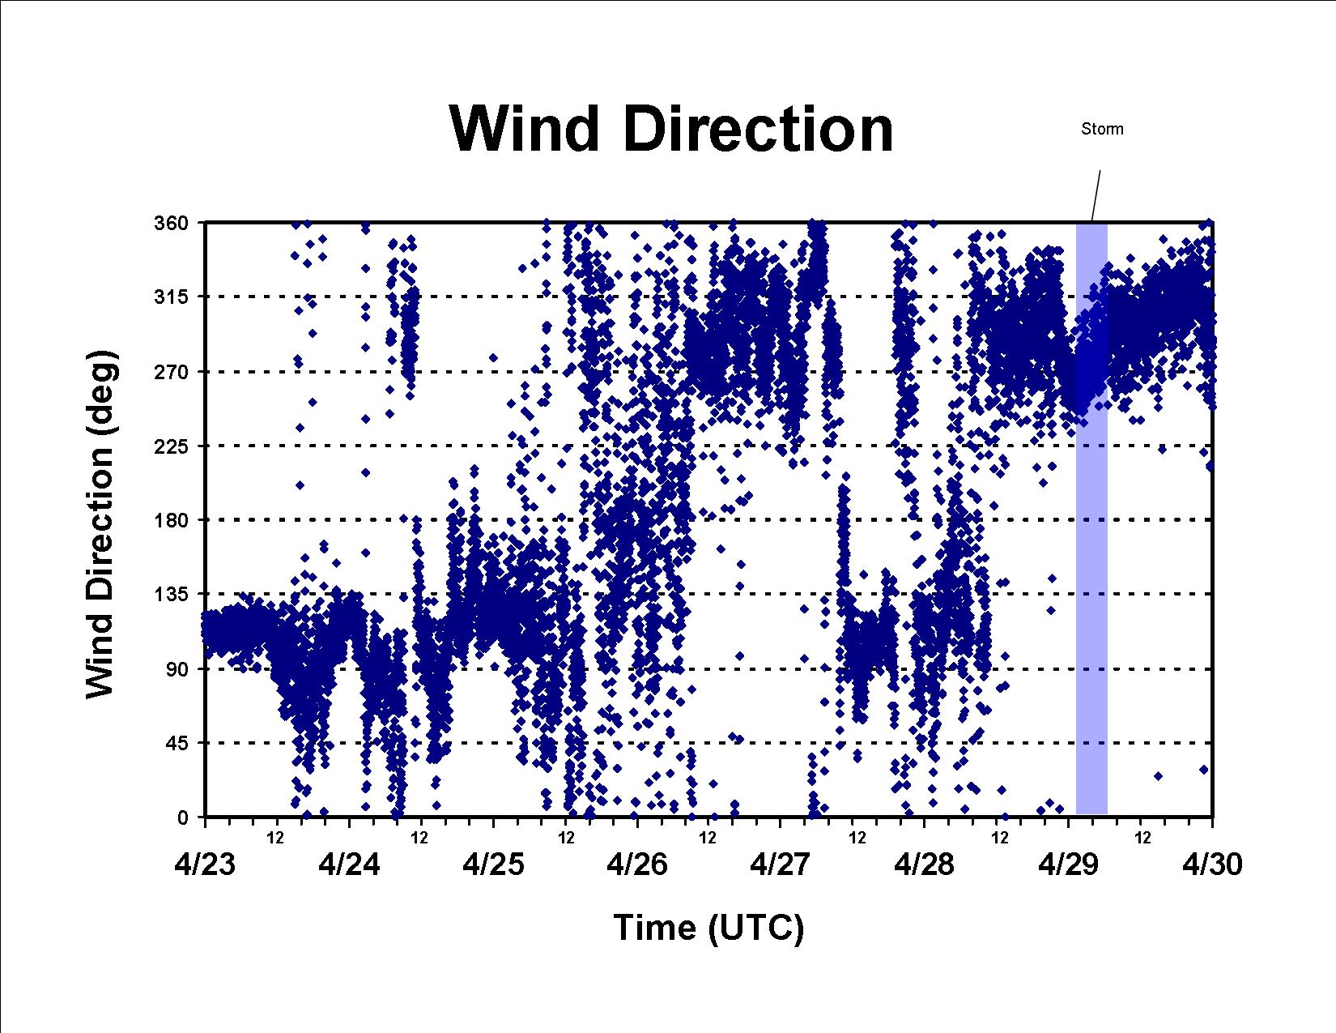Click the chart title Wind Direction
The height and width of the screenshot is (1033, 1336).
click(x=671, y=129)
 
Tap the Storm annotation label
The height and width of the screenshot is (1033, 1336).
click(x=1102, y=129)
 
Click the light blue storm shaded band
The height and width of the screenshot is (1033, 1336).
click(x=1092, y=518)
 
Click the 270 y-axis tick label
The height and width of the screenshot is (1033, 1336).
click(x=171, y=371)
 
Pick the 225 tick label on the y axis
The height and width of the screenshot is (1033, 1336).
click(x=171, y=446)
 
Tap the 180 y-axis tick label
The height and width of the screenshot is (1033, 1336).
click(x=171, y=520)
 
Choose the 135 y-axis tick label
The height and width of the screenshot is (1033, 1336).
click(x=171, y=595)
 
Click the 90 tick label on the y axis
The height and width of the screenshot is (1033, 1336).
click(x=177, y=668)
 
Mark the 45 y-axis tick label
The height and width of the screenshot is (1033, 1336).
click(x=177, y=743)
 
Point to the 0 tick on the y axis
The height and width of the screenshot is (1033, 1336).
click(x=183, y=817)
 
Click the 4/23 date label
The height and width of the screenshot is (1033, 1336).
click(x=205, y=864)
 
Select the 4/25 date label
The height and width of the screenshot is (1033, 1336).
click(x=493, y=864)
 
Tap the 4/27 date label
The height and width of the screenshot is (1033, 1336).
click(x=781, y=864)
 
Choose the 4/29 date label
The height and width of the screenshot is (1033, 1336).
click(x=1069, y=864)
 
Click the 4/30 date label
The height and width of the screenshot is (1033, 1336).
click(x=1212, y=864)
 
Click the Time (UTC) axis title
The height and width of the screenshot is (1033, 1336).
click(x=708, y=928)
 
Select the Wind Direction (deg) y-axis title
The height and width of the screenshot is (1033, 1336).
click(x=100, y=525)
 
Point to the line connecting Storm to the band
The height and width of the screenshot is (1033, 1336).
click(x=1096, y=195)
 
